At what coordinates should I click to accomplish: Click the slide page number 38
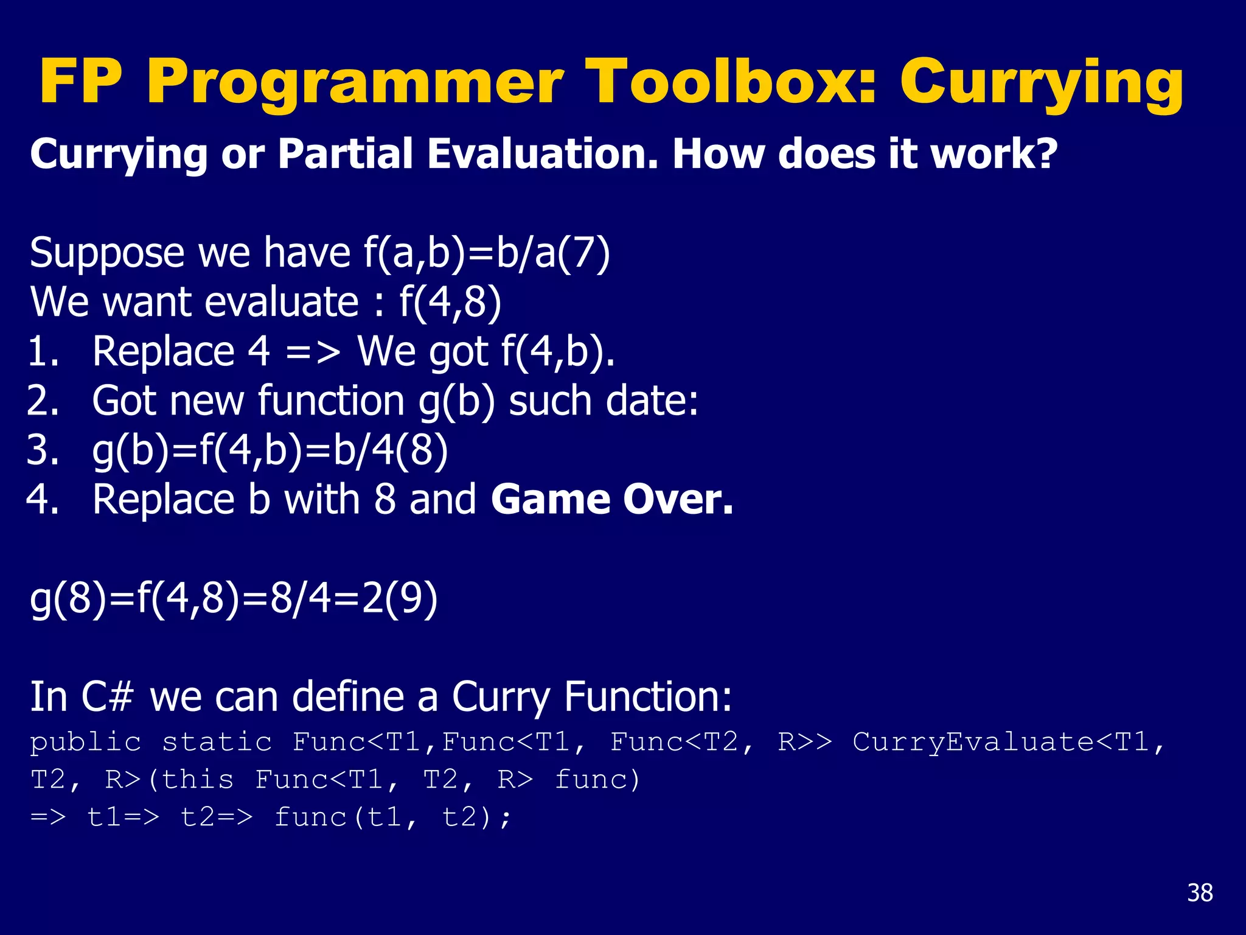click(x=1200, y=893)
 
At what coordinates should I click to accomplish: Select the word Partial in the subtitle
click(x=346, y=153)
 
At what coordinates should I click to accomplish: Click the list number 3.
click(x=43, y=450)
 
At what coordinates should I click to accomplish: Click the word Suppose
click(x=107, y=253)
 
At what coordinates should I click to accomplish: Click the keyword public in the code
click(x=86, y=742)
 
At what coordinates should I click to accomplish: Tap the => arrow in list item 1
click(x=313, y=352)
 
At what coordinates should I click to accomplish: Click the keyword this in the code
click(x=198, y=780)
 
